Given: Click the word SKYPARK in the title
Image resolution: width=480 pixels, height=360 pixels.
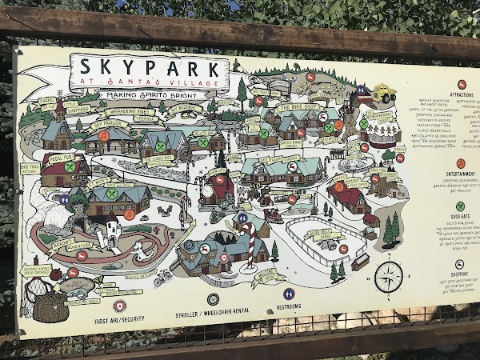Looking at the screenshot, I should pos(149,66).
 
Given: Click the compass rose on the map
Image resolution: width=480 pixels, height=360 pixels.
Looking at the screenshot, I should pos(389,277).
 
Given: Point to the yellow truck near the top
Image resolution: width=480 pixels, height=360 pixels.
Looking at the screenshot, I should pos(382,94).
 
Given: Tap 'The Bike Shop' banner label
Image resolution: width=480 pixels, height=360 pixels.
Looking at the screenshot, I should pos(296,107).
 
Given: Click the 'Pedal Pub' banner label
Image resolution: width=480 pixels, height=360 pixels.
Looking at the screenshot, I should pos(60,158).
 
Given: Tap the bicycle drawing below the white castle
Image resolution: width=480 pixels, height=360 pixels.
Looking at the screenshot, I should pos(162,277).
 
